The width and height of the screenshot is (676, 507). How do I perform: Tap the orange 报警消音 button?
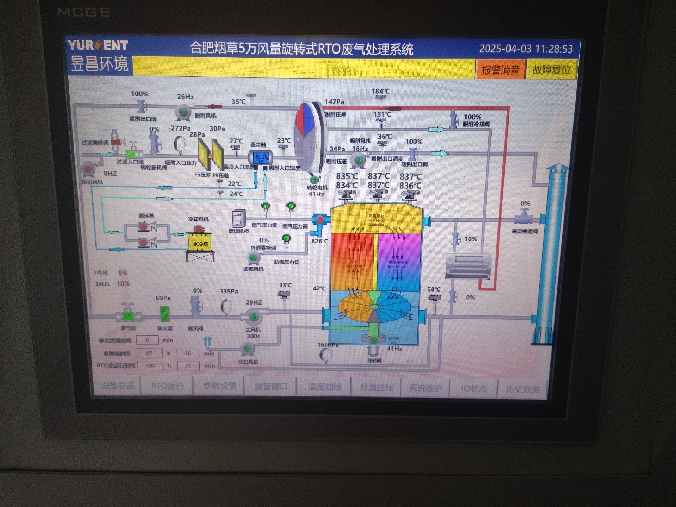500,70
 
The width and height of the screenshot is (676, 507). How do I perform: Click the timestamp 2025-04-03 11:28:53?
526,49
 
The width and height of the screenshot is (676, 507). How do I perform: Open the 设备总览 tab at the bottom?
118,386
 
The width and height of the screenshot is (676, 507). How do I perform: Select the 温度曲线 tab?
325,387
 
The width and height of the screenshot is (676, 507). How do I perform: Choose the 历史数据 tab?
522,389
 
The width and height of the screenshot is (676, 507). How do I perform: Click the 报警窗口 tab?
271,387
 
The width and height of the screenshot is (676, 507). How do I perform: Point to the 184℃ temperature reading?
380,91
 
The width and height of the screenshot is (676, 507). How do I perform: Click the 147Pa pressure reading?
334,102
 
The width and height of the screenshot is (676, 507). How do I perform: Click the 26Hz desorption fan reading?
185,96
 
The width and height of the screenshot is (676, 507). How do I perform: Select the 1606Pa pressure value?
328,345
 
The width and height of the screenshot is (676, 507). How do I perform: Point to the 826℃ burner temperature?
319,241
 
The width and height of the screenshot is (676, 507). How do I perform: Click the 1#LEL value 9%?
123,273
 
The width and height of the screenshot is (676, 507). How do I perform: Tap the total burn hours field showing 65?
149,353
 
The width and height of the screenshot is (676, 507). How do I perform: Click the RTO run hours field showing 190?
150,365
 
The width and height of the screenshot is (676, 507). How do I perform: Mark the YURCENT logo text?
98,45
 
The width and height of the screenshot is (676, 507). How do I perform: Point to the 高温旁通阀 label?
525,231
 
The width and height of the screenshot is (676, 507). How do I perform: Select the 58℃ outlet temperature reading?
434,289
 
